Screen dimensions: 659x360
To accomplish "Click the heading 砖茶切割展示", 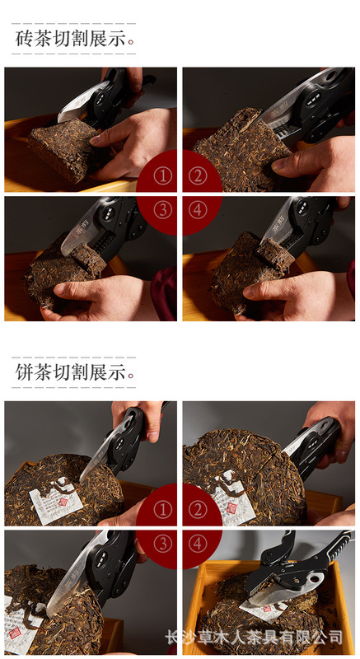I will pos(72,39).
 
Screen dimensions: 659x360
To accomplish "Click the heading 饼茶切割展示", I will pos(72,372).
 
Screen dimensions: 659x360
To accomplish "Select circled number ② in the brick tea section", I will pos(196,176).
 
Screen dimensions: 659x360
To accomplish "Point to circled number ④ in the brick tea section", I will pos(196,210).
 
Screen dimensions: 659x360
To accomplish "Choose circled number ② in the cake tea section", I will pos(196,511).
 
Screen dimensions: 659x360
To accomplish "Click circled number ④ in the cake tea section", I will pos(196,544).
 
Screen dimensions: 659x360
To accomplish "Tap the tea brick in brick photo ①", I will pos(62,148).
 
